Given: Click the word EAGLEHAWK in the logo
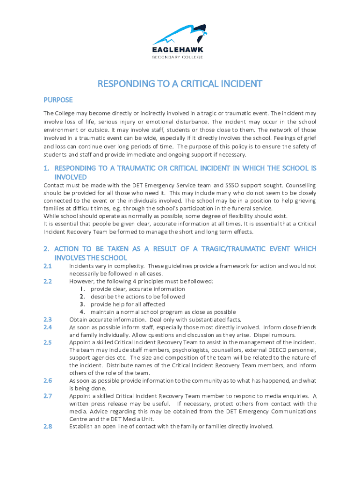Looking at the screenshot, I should tap(177, 50).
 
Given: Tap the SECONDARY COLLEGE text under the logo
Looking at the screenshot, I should tap(177, 57).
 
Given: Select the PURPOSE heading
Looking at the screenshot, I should tap(58, 100).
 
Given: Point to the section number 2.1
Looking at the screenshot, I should tap(48, 266).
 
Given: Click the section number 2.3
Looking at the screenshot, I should tap(48, 319).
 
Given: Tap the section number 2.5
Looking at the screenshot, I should tap(48, 342).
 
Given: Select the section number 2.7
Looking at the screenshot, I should tap(48, 396).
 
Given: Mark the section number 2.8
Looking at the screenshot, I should tap(48, 426).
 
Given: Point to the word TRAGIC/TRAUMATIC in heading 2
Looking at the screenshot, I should tap(237, 249).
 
